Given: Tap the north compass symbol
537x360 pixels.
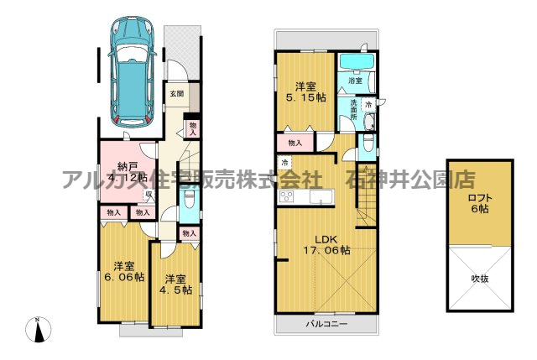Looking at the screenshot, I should tap(39, 330).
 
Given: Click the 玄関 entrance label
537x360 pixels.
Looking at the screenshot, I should tap(175, 93).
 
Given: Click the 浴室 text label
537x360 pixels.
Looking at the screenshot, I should tap(355, 81).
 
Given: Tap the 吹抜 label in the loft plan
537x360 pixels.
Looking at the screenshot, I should tap(479, 278).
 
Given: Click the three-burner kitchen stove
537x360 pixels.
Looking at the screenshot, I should tap(286, 197).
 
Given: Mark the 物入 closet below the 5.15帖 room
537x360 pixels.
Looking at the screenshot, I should tap(295, 143).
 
